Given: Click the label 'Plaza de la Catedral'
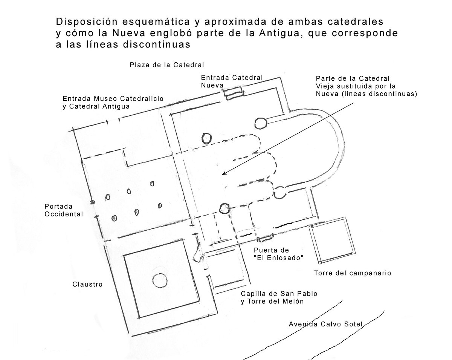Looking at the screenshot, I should point(167,64).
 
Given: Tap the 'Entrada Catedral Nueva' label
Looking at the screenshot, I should point(232,81).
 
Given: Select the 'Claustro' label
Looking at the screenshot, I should point(87,284).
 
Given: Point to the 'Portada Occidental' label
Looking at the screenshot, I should point(64,210).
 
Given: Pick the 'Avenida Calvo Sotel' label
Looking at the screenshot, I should point(325,324).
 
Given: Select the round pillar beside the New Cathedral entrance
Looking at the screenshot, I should point(260,123).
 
